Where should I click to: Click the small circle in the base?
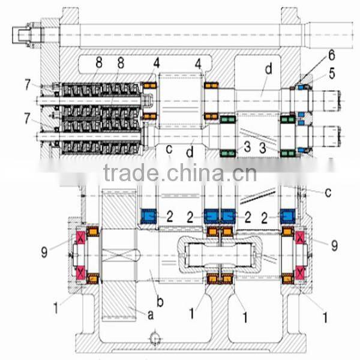point(155,340)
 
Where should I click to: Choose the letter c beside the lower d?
point(169,147)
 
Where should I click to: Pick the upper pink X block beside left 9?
point(79,242)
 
